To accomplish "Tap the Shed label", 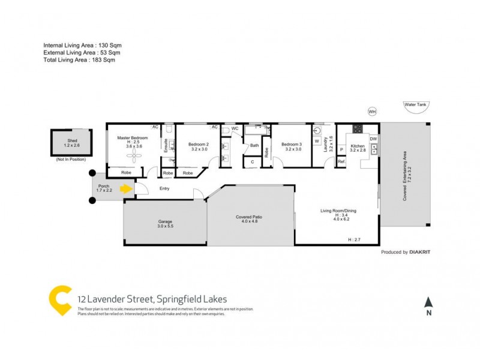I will coord(71,140).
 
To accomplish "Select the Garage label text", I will coord(165,222).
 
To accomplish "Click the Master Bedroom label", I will coord(131,137).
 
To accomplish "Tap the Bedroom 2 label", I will coord(198,145).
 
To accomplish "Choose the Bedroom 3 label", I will coord(292,145).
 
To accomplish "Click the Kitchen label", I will coord(358,146).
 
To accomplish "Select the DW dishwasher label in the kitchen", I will coord(373,139).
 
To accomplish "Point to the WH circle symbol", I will coord(372,112).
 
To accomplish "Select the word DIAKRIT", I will coord(420,253).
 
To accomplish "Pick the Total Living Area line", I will coord(79,60).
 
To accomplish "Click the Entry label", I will coord(164,189).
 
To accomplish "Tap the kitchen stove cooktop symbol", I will coord(358,128).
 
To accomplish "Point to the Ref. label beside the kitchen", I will coord(341,161).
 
